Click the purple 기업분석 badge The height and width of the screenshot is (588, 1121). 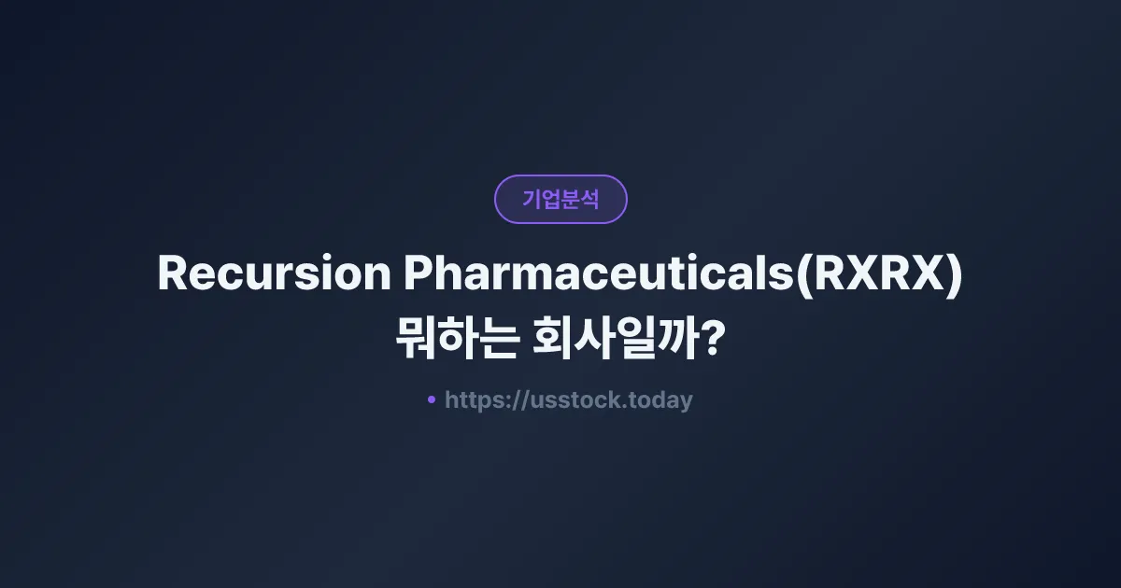[560, 199]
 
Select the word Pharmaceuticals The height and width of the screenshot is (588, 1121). [598, 273]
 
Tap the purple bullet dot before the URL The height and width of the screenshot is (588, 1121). [432, 399]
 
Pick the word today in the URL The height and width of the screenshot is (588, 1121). [660, 400]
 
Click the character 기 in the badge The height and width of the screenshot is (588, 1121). [532, 200]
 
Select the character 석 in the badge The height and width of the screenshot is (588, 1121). [589, 200]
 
